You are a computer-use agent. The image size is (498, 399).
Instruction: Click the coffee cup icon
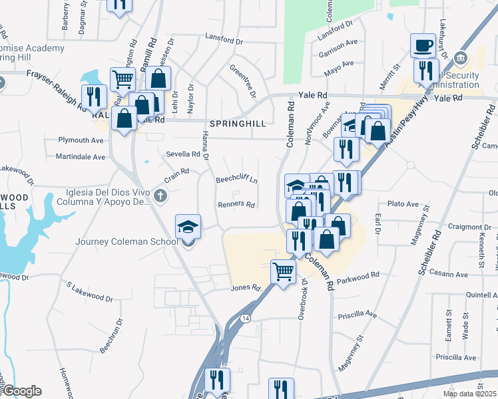pyautogui.click(x=422, y=46)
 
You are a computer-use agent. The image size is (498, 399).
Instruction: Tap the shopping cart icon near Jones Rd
pyautogui.click(x=284, y=271)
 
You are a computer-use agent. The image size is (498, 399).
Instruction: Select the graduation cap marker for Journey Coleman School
pyautogui.click(x=188, y=227)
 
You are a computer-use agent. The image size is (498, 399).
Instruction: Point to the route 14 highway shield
pyautogui.click(x=246, y=319)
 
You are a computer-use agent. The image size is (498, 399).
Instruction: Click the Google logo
pyautogui.click(x=21, y=391)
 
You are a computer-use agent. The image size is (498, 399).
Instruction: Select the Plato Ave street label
pyautogui.click(x=402, y=204)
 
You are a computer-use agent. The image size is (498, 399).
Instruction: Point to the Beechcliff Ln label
pyautogui.click(x=236, y=180)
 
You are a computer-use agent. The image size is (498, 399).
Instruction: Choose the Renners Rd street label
pyautogui.click(x=236, y=204)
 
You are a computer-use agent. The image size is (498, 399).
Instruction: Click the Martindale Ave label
pyautogui.click(x=81, y=157)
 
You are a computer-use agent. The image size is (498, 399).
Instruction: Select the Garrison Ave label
pyautogui.click(x=339, y=45)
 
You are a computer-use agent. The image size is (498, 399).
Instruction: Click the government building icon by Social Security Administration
pyautogui.click(x=459, y=59)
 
